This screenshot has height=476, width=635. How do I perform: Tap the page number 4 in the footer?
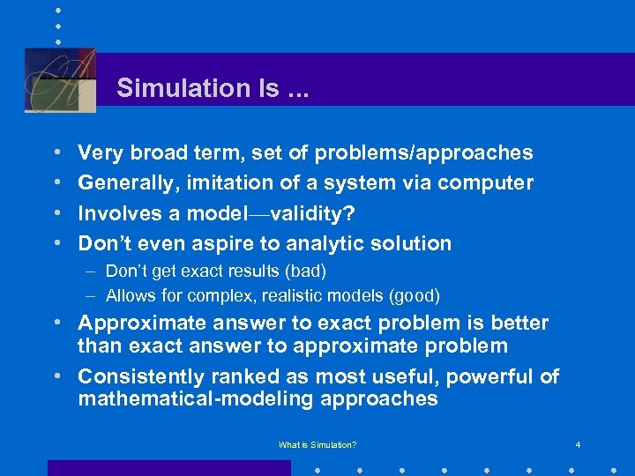click(x=578, y=445)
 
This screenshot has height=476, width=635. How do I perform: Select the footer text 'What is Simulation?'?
click(x=317, y=445)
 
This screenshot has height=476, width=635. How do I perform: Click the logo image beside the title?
click(x=60, y=79)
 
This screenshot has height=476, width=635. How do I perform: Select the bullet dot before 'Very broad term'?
click(x=56, y=153)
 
